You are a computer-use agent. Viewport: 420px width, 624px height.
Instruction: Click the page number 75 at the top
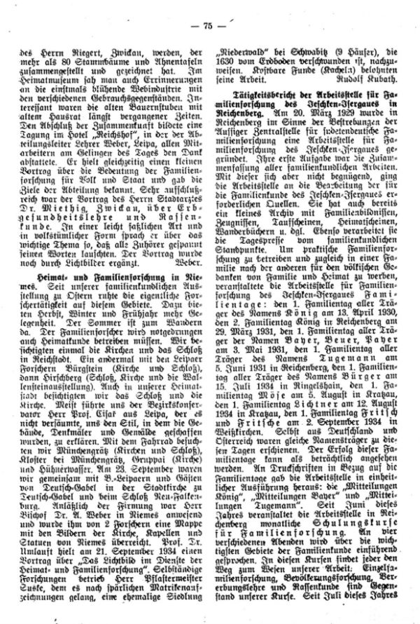pos(209,9)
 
